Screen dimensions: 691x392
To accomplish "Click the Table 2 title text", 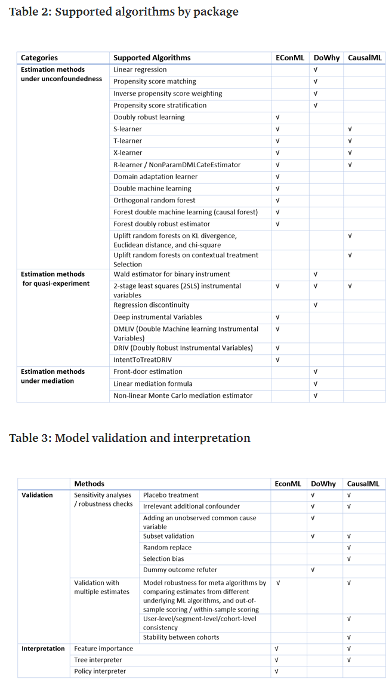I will (x=124, y=11).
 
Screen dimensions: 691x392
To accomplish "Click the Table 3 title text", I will (x=129, y=438).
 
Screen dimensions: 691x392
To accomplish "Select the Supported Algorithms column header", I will (x=152, y=58).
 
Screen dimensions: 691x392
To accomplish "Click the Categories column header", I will (x=39, y=58).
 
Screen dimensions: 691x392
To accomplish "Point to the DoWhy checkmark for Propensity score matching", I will (x=315, y=82).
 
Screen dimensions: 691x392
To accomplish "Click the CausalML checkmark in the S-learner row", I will (x=350, y=129).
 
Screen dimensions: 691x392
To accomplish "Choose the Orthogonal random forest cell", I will (x=154, y=200).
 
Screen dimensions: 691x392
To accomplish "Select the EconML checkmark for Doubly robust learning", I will (x=277, y=117).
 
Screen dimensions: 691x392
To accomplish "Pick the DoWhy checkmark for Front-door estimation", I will (x=315, y=371).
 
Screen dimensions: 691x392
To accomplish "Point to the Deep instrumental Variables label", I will (x=158, y=317).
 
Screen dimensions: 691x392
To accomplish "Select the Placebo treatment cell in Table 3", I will (x=171, y=495).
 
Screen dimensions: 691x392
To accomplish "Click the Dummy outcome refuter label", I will (x=180, y=570).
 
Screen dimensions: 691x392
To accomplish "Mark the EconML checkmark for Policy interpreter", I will (x=276, y=671).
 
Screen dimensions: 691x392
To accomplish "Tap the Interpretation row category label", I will (x=43, y=649).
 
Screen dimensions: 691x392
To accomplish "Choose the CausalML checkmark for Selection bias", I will (x=349, y=558).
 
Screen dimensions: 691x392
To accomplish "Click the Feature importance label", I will (x=103, y=649).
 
